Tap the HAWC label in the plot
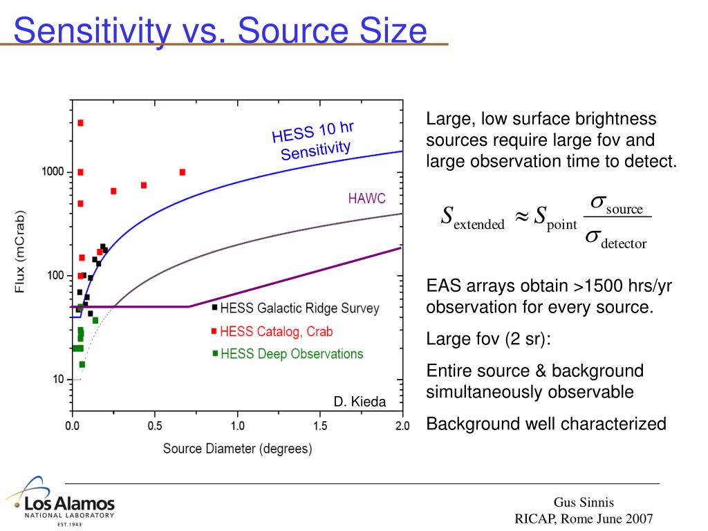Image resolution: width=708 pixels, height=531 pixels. pyautogui.click(x=366, y=198)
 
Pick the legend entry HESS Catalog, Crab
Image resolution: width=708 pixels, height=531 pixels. pyautogui.click(x=276, y=331)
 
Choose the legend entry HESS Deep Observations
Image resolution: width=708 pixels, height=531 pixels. pyautogui.click(x=291, y=354)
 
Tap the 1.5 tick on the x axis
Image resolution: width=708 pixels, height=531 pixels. pyautogui.click(x=319, y=425)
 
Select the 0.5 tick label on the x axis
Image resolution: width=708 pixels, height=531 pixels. pyautogui.click(x=154, y=425)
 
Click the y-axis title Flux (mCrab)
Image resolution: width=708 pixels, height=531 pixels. pyautogui.click(x=21, y=250)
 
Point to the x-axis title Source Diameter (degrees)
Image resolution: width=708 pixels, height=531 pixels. pyautogui.click(x=237, y=448)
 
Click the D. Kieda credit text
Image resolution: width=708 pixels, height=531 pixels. pyautogui.click(x=360, y=402)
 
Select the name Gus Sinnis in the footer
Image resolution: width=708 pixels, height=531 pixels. pyautogui.click(x=584, y=503)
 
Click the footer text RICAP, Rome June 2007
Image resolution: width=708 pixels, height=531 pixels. pyautogui.click(x=584, y=519)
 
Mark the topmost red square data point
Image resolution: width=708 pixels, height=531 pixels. pyautogui.click(x=80, y=123)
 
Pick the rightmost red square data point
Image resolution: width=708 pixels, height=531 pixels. pyautogui.click(x=183, y=172)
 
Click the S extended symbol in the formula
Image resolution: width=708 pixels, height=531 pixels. pyautogui.click(x=473, y=217)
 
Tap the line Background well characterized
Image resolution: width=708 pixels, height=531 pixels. pyautogui.click(x=546, y=424)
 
